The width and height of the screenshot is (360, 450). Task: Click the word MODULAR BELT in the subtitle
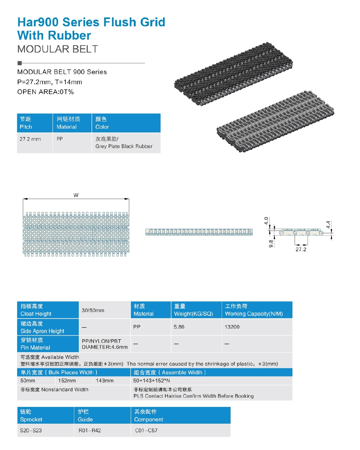pyautogui.click(x=58, y=49)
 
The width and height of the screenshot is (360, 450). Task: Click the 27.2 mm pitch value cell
pyautogui.click(x=30, y=139)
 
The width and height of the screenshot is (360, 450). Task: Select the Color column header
pyautogui.click(x=102, y=123)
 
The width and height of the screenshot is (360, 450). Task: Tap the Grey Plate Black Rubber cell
pyautogui.click(x=124, y=143)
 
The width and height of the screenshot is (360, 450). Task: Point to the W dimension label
pyautogui.click(x=76, y=195)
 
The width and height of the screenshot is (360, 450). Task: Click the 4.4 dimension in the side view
pyautogui.click(x=328, y=225)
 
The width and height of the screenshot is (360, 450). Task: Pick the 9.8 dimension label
pyautogui.click(x=271, y=243)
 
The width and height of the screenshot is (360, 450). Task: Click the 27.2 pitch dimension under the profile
pyautogui.click(x=301, y=249)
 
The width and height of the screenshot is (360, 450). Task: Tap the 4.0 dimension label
pyautogui.click(x=266, y=221)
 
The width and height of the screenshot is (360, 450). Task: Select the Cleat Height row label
pyautogui.click(x=36, y=310)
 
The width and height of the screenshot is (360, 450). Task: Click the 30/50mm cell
pyautogui.click(x=93, y=310)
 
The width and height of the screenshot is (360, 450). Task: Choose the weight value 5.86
pyautogui.click(x=179, y=327)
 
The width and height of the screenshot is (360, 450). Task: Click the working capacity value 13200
pyautogui.click(x=232, y=327)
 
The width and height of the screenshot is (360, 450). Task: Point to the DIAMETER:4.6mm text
pyautogui.click(x=105, y=347)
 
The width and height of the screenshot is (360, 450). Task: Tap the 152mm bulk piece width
pyautogui.click(x=67, y=381)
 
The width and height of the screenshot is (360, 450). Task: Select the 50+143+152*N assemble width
pyautogui.click(x=152, y=381)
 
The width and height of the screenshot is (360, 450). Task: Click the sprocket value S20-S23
pyautogui.click(x=31, y=430)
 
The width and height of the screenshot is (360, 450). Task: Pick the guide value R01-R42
pyautogui.click(x=89, y=430)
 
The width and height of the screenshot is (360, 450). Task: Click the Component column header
pyautogui.click(x=148, y=416)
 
